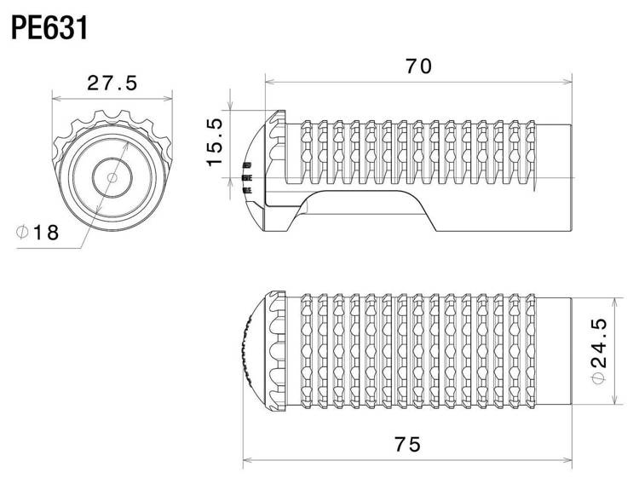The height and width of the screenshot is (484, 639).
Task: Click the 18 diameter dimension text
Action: point(45,232)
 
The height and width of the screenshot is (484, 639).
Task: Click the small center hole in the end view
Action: point(112,175)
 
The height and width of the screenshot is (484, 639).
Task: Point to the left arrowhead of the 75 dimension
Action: point(247,463)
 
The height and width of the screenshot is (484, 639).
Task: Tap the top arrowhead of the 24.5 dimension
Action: point(613,299)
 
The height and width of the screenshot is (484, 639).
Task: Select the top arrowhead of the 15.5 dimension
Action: point(231,112)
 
